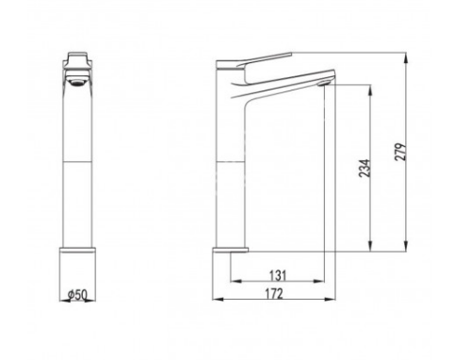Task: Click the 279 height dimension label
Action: coord(400,152)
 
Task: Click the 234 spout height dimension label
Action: coord(365,169)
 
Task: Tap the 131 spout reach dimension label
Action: coord(278,275)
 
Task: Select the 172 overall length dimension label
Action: coord(274,294)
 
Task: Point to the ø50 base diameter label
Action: coord(77,295)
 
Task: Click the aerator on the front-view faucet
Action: coord(77,82)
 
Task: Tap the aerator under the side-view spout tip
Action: coord(323,83)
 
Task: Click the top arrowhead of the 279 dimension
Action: coord(406,58)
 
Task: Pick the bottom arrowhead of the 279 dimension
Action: coord(406,246)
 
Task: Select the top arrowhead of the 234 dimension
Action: coord(370,90)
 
